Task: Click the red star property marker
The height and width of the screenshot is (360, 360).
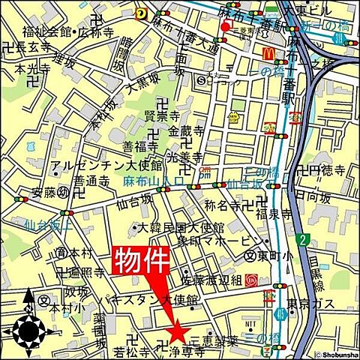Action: point(178,328)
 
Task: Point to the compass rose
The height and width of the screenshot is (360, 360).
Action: point(29,328)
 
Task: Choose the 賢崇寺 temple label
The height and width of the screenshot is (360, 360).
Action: point(181,116)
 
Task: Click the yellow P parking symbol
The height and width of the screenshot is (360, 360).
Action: point(140,13)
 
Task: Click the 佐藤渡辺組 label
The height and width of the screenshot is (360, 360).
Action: point(209,280)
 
